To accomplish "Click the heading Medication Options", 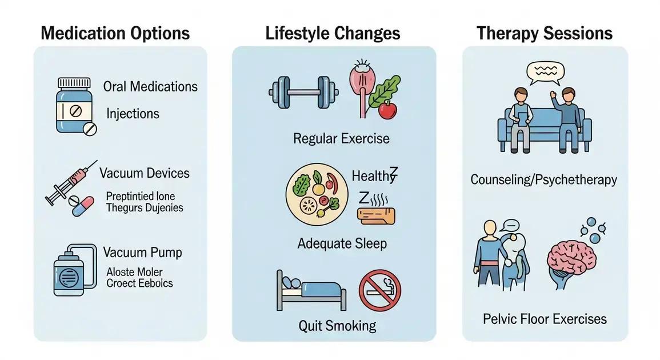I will pyautogui.click(x=115, y=33).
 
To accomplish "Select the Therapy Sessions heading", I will pyautogui.click(x=544, y=33).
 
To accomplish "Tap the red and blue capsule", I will pyautogui.click(x=83, y=206).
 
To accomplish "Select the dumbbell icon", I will pyautogui.click(x=303, y=91).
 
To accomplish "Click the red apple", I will pyautogui.click(x=388, y=110).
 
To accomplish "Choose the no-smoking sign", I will pyautogui.click(x=380, y=290).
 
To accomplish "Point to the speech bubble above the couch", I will pyautogui.click(x=545, y=73).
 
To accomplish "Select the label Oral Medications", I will pyautogui.click(x=150, y=87).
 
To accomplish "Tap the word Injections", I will pyautogui.click(x=133, y=113).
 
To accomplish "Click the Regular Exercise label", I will pyautogui.click(x=341, y=138).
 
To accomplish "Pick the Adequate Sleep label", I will pyautogui.click(x=342, y=243).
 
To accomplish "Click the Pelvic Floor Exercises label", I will pyautogui.click(x=545, y=319).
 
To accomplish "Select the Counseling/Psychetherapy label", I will pyautogui.click(x=543, y=180).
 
